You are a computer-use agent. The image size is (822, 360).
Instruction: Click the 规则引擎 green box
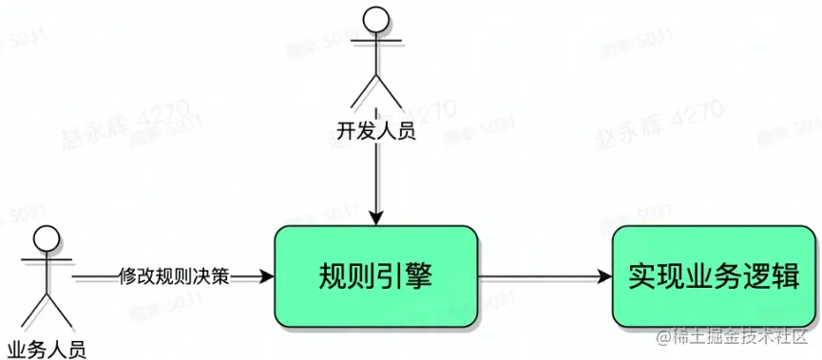click(375, 277)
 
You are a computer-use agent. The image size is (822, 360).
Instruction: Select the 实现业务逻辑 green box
click(712, 277)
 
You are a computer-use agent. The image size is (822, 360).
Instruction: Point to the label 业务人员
click(46, 347)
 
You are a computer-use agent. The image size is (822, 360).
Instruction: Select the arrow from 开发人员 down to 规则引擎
click(378, 180)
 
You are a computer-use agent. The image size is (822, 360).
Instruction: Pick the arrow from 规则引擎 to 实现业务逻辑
click(542, 277)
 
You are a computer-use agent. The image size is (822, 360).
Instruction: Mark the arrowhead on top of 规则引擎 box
click(378, 218)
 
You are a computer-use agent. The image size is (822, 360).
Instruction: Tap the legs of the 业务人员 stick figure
click(46, 309)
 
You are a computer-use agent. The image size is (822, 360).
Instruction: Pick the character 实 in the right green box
click(644, 277)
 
